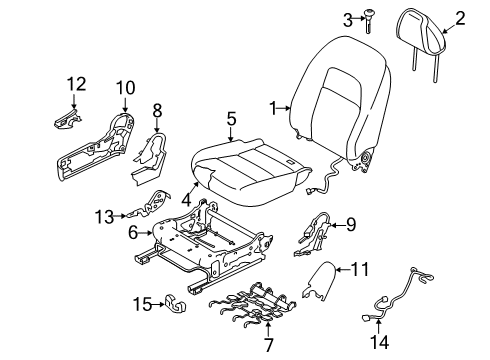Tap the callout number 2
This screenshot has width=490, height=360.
coord(461,16)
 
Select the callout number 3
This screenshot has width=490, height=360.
coord(347,18)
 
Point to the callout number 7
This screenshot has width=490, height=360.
coord(266,345)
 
